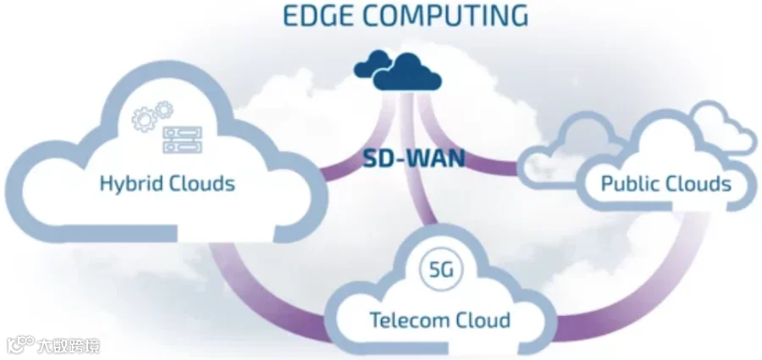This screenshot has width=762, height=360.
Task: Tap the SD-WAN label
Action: click(414, 158)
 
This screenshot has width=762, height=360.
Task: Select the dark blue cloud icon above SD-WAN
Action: click(398, 70)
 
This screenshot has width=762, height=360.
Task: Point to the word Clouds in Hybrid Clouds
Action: click(202, 184)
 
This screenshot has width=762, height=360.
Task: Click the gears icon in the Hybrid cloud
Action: click(152, 116)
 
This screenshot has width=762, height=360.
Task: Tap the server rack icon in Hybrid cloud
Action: click(183, 140)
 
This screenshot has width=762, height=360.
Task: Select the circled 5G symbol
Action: click(441, 269)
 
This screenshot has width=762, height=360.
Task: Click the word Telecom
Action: click(406, 320)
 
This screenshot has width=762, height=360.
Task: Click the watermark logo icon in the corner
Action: click(19, 344)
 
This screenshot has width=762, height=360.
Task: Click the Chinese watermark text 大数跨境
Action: click(69, 346)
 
